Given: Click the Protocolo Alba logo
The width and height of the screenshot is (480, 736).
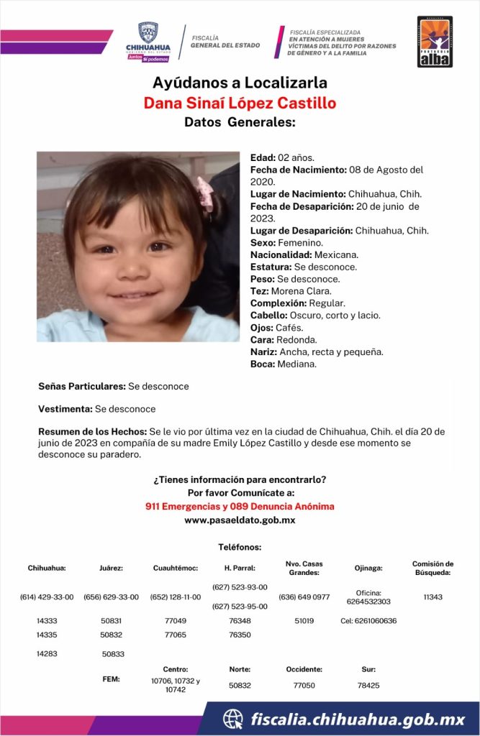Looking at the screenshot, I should click(x=435, y=42).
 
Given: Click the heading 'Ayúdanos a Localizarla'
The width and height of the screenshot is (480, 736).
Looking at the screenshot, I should click(x=240, y=82).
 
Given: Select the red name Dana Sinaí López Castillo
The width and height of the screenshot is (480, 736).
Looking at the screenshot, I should click(x=240, y=103).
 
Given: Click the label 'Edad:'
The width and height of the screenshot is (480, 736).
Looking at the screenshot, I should click(x=263, y=157).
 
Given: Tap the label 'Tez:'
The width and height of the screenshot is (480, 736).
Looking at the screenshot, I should click(x=260, y=291).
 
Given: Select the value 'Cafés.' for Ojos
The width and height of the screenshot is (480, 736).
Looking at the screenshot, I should click(x=291, y=328).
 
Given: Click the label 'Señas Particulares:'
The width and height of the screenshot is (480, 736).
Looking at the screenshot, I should click(x=82, y=387).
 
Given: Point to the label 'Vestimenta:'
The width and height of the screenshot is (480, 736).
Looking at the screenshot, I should click(x=65, y=409).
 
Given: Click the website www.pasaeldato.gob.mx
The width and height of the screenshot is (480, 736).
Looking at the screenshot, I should click(x=240, y=520).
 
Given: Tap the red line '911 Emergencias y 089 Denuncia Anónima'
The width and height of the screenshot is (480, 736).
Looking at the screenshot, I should click(x=240, y=507).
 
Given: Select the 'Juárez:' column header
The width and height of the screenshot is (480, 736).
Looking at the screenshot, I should click(x=111, y=568).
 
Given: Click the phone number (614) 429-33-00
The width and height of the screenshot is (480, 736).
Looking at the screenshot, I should click(x=47, y=597).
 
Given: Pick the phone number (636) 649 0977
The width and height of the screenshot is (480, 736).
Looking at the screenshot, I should click(x=304, y=597).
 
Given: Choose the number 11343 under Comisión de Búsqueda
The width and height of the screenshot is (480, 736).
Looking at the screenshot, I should click(x=433, y=597).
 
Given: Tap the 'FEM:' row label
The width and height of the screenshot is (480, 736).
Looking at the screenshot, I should click(x=111, y=678).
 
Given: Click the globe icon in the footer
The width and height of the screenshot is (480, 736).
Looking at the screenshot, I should click(x=232, y=719).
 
